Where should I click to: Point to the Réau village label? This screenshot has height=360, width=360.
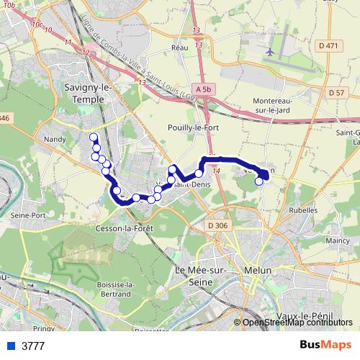tap(179, 48)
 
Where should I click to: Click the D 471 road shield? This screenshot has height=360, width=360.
tap(328, 46)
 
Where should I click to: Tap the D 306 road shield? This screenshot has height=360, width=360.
tap(217, 226)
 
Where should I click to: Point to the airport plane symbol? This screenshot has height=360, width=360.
tap(270, 53)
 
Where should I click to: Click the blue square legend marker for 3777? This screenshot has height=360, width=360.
tap(11, 346)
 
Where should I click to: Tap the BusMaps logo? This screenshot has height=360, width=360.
tap(325, 345)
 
